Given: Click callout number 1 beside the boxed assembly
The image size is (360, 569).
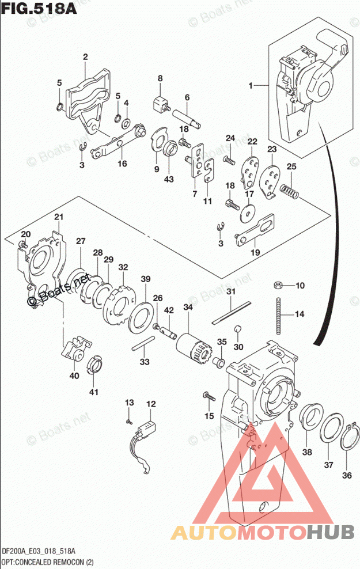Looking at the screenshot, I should tap(251, 86).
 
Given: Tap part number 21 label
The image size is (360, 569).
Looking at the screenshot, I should tap(58, 217).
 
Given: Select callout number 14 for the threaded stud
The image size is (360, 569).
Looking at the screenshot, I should tap(299, 314).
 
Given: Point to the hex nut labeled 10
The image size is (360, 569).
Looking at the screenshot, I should tap(277, 284).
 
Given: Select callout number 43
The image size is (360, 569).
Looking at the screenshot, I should tap(168, 179).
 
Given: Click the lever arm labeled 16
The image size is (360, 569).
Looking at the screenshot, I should tap(118, 142).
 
